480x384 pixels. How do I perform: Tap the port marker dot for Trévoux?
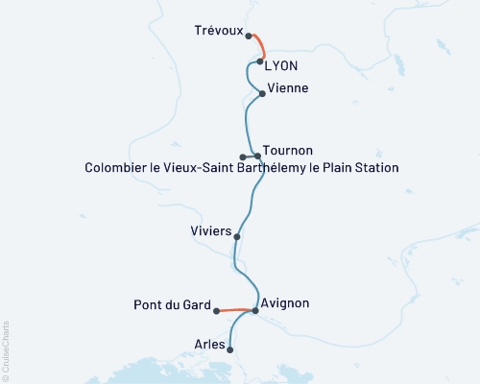[x=249, y=36]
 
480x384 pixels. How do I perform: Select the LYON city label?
[x=282, y=64]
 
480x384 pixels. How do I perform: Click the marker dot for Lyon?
[x=260, y=61]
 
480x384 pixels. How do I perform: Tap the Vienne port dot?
[x=262, y=93]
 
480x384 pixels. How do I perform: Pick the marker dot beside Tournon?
[x=257, y=156]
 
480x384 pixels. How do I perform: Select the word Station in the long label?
[x=374, y=168]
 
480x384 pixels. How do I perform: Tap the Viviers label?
[x=210, y=230]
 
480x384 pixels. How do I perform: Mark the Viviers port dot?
[x=237, y=235]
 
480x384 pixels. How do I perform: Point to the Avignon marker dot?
[x=255, y=310]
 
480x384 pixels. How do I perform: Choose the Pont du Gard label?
[x=171, y=306]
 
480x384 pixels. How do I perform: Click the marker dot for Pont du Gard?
[x=216, y=311]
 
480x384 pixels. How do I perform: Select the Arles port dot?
[x=230, y=350]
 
